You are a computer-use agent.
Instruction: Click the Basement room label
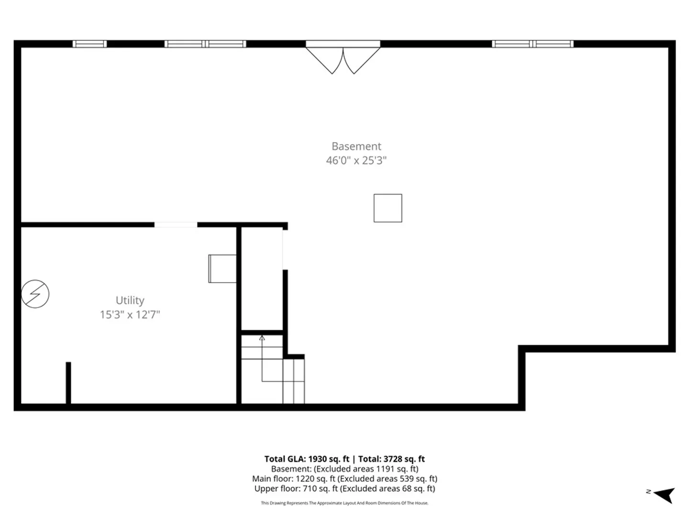(356, 146)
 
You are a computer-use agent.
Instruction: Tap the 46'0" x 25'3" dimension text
(356, 160)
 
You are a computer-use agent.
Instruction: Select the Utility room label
(130, 301)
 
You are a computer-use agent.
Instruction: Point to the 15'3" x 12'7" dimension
(130, 315)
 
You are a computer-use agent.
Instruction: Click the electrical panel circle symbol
(35, 294)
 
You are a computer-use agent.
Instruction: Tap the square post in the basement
(388, 208)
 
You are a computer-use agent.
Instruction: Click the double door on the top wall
(343, 57)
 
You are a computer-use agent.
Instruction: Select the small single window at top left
(90, 44)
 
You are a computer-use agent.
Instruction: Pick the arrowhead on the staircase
(262, 338)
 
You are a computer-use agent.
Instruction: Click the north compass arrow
(664, 495)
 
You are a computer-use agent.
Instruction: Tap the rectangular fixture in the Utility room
(222, 269)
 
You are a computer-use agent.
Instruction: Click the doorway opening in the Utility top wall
(176, 225)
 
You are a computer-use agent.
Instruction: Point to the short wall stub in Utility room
(68, 382)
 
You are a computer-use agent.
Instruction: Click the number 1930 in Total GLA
(317, 459)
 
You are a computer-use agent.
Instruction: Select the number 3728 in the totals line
(393, 459)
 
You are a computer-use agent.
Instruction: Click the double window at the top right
(533, 44)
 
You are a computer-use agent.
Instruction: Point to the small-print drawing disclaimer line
(344, 503)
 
